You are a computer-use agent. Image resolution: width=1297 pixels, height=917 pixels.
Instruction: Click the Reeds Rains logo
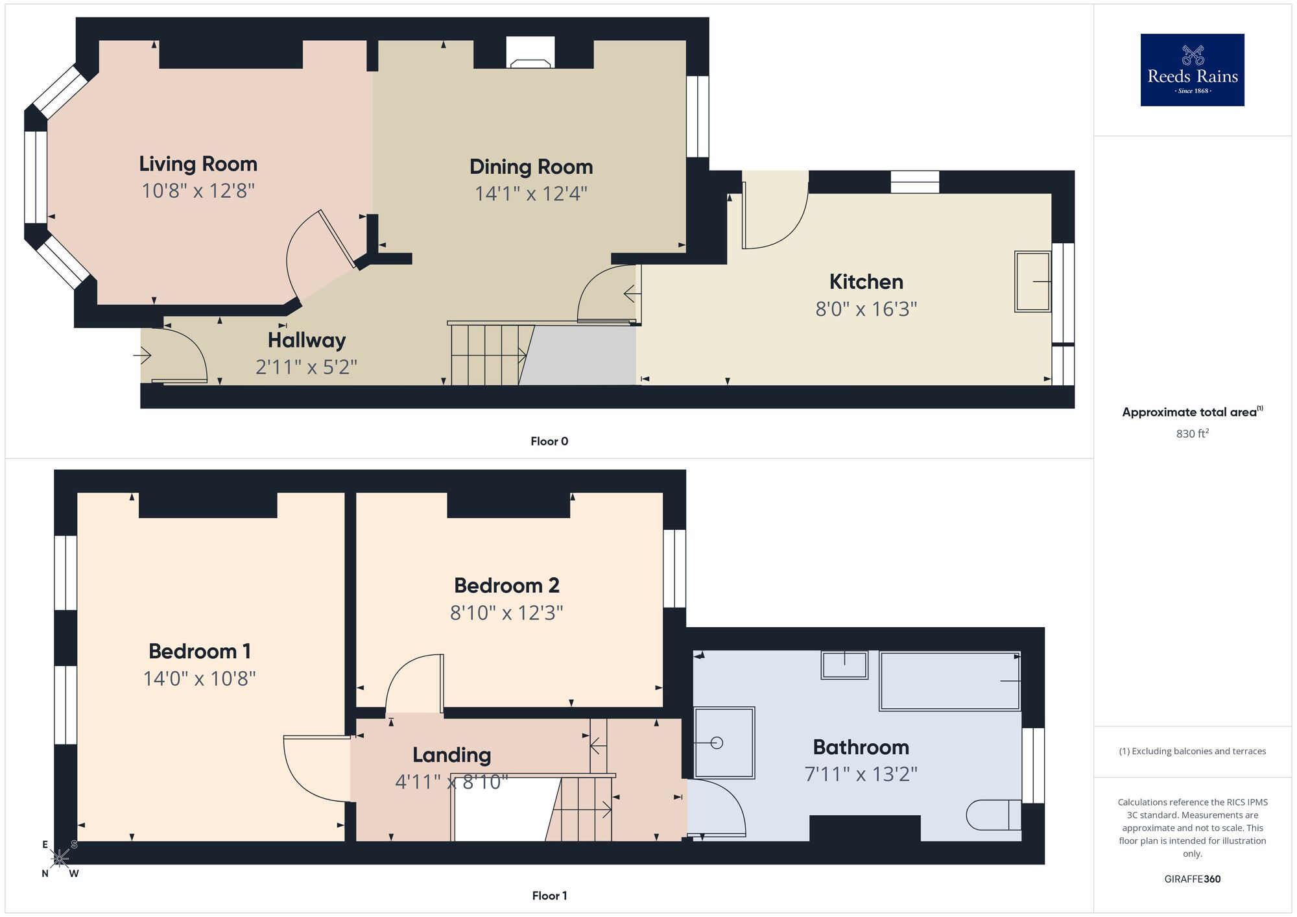(1192, 70)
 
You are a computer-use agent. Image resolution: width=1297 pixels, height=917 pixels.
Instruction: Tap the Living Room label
(198, 164)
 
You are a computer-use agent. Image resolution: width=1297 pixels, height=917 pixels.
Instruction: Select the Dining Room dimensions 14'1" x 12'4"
(530, 194)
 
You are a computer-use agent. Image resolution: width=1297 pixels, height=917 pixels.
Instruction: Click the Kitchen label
(866, 282)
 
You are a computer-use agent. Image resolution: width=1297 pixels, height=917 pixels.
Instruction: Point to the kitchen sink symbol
(1032, 281)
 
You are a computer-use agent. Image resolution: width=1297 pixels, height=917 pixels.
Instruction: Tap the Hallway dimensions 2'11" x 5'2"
(306, 368)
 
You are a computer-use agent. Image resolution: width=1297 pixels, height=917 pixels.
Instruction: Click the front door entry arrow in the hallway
(143, 355)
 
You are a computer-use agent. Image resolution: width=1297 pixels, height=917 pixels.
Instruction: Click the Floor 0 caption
(549, 442)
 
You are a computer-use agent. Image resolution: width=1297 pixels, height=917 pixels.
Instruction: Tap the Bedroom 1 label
(199, 651)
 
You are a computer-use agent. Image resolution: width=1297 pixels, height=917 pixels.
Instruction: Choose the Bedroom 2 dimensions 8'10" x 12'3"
(506, 613)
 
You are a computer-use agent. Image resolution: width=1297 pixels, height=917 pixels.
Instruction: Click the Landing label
(451, 755)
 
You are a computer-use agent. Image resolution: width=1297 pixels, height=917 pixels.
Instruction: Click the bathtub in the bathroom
(949, 681)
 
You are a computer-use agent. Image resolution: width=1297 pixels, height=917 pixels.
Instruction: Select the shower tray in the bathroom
(724, 743)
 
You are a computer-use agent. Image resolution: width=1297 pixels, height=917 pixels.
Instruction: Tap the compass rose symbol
(60, 859)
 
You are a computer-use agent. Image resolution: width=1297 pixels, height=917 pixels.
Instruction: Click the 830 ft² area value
(1192, 434)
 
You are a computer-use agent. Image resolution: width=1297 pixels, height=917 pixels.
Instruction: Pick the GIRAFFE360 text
(1192, 879)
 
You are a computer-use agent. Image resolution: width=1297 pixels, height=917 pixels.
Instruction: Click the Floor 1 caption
(549, 896)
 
